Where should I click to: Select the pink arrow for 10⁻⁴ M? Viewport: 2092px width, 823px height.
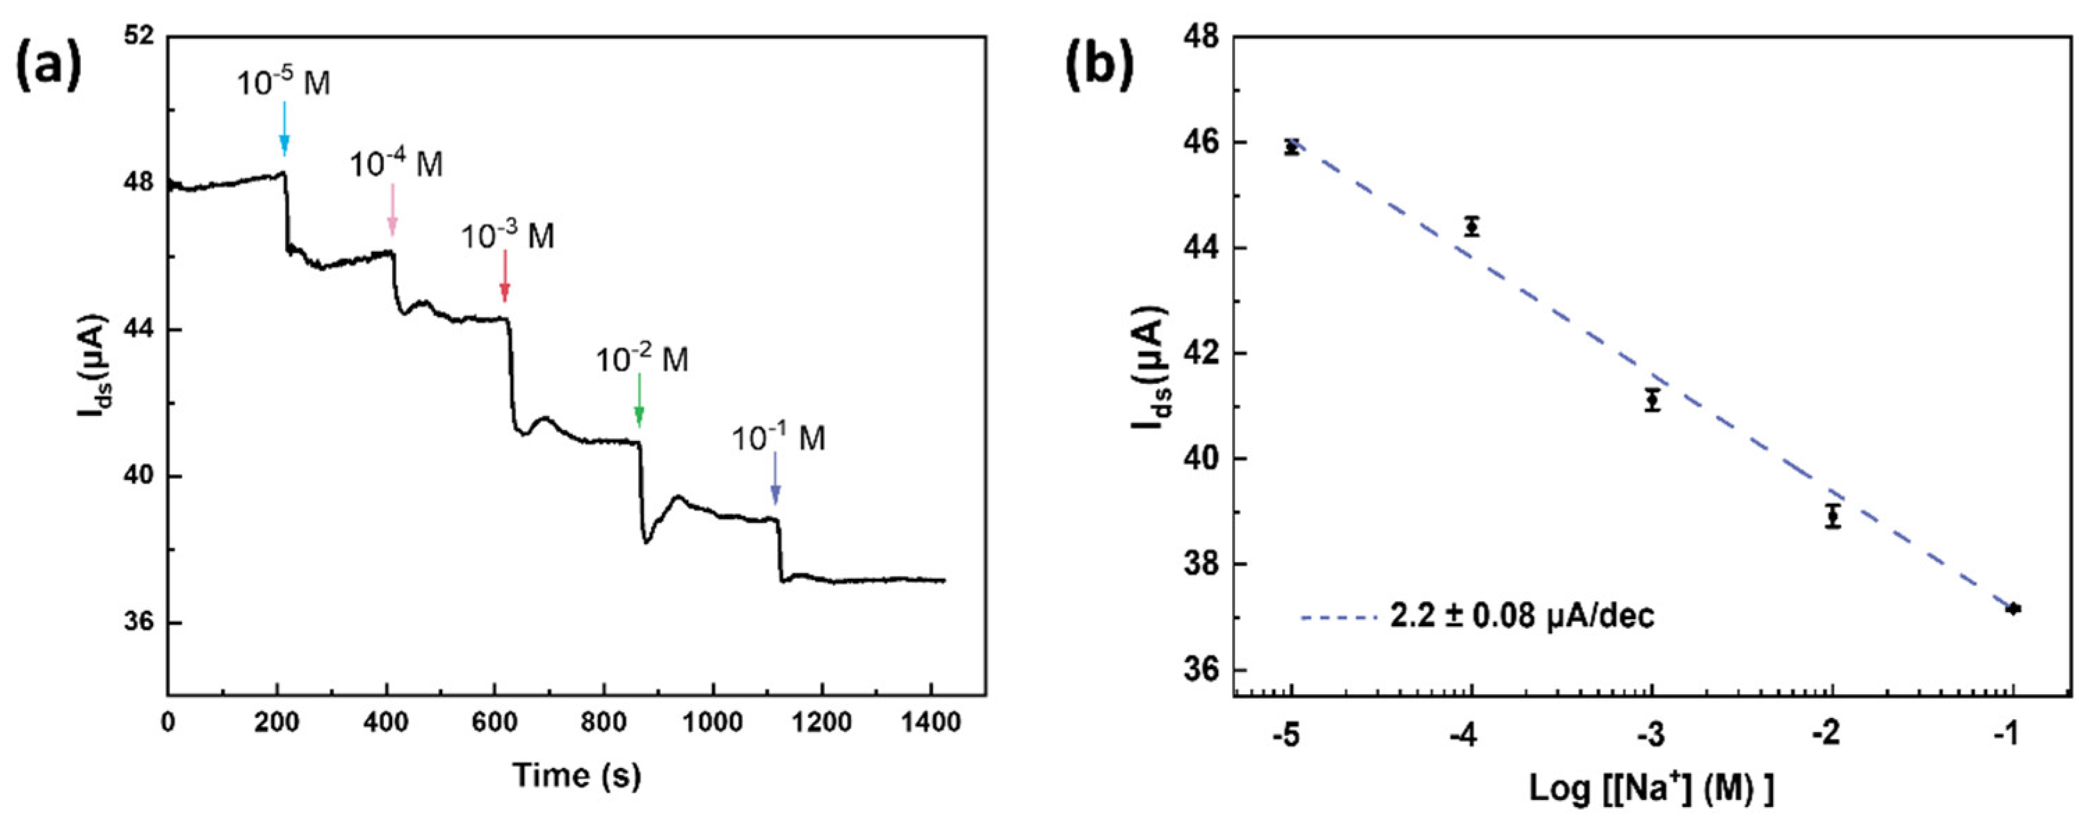(392, 209)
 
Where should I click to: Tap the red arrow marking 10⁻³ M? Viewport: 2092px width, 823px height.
(504, 276)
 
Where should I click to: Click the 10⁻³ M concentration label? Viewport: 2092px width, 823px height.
(508, 237)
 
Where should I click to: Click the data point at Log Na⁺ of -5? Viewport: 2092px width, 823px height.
(1291, 147)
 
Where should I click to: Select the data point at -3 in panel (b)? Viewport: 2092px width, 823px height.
(1652, 400)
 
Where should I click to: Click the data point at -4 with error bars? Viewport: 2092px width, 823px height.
(1472, 227)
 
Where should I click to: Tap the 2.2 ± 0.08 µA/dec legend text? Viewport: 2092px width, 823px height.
(1522, 616)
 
